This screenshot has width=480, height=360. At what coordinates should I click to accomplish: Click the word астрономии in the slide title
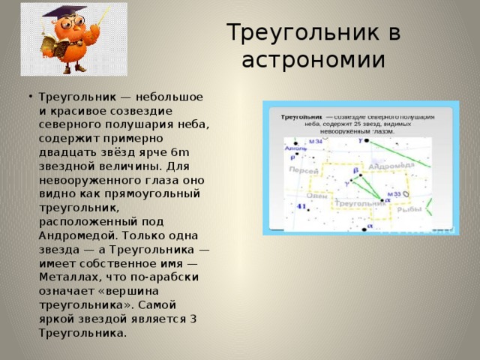coord(313,59)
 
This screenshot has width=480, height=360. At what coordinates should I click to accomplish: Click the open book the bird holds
coord(49,48)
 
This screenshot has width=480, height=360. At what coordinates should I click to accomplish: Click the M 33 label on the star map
coord(394,193)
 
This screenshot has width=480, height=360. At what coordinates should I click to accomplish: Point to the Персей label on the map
coord(301,170)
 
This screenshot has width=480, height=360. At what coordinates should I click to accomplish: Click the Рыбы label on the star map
coord(409,210)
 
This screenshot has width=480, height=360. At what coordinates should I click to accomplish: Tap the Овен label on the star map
coord(318,196)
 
